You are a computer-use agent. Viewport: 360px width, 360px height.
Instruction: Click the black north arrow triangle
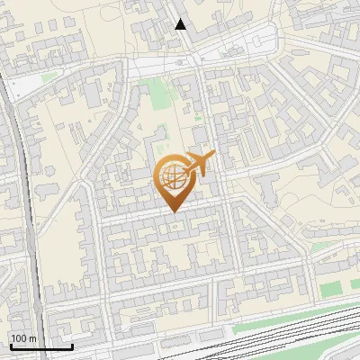(x=181, y=24)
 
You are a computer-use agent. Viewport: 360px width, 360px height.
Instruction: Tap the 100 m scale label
(x=23, y=337)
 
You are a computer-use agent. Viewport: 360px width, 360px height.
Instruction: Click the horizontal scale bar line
(x=40, y=346)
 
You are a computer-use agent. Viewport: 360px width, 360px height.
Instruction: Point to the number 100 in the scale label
(x=19, y=337)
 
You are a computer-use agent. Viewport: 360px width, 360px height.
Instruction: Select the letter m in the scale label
(x=32, y=338)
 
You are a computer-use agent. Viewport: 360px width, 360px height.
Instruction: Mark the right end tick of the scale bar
(x=72, y=345)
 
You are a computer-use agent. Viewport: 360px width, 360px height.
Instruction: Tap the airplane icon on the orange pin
(x=199, y=165)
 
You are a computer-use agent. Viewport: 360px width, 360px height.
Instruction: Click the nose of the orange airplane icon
(x=213, y=157)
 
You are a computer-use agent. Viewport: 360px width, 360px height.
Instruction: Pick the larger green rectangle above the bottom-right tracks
(x=332, y=288)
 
